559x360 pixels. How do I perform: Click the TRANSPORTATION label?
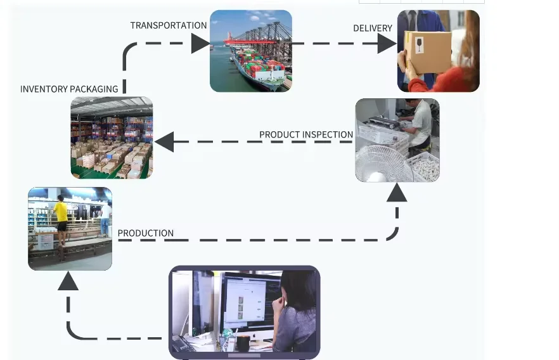[169, 25]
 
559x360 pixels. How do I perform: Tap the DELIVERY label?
[373, 29]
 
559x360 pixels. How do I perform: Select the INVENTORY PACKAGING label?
[69, 89]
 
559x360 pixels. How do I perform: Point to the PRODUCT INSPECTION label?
[306, 134]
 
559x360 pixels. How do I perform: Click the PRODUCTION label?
[146, 233]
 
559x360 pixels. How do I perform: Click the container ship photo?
[251, 51]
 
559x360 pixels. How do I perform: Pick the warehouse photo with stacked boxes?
[112, 138]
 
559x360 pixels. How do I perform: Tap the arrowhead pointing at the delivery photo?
[387, 44]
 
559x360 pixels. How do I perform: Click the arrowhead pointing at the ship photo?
[200, 44]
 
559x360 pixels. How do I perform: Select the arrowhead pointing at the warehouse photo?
[164, 142]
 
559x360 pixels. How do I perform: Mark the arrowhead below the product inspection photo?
[397, 192]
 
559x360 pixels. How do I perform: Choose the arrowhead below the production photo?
[68, 281]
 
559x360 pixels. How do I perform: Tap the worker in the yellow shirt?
[61, 213]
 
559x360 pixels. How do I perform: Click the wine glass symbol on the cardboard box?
[418, 44]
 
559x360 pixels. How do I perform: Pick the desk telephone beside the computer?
[184, 343]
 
